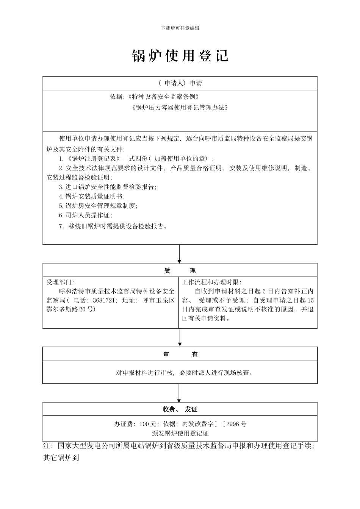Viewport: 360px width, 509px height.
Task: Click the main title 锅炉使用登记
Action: (180, 56)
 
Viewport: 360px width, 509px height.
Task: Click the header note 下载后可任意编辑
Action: (180, 28)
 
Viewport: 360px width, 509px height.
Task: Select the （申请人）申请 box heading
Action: (180, 83)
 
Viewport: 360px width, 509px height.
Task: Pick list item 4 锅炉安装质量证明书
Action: (92, 196)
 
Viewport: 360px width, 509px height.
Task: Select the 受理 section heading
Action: (180, 270)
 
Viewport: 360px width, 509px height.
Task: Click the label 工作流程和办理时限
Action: (211, 282)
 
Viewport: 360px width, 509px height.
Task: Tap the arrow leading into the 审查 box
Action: (180, 338)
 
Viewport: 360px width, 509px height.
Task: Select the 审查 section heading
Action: (180, 354)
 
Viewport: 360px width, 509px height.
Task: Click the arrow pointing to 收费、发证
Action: (179, 393)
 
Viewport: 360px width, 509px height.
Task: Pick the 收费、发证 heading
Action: (180, 409)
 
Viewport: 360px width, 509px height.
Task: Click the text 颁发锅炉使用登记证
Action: (180, 433)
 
